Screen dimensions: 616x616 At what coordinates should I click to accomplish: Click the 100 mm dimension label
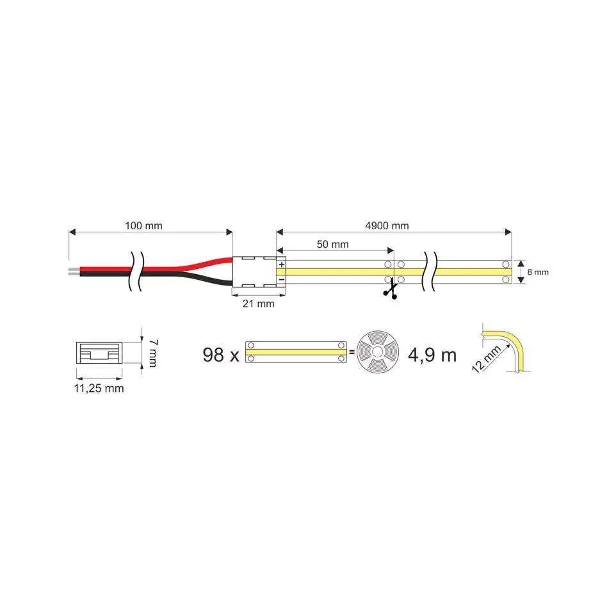point(143,225)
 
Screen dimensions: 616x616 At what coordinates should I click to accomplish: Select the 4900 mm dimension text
point(387,225)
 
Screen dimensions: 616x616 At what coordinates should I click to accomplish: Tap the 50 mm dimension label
point(332,244)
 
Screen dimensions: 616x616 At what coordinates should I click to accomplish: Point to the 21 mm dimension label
point(258,304)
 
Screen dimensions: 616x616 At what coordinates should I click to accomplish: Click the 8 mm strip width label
point(537,272)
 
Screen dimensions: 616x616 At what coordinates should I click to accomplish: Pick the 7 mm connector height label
point(152,353)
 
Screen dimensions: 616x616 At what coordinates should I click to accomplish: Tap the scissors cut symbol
point(389,291)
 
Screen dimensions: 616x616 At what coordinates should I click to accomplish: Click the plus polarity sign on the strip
point(281,264)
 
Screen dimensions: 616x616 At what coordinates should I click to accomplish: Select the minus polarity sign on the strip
point(281,279)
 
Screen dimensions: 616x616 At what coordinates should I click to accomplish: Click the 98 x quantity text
point(219,354)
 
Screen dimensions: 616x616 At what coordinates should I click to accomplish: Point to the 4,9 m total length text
point(432,354)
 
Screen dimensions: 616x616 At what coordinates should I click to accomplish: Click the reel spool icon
point(376,353)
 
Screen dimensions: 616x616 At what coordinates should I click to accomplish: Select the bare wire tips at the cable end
point(73,272)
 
